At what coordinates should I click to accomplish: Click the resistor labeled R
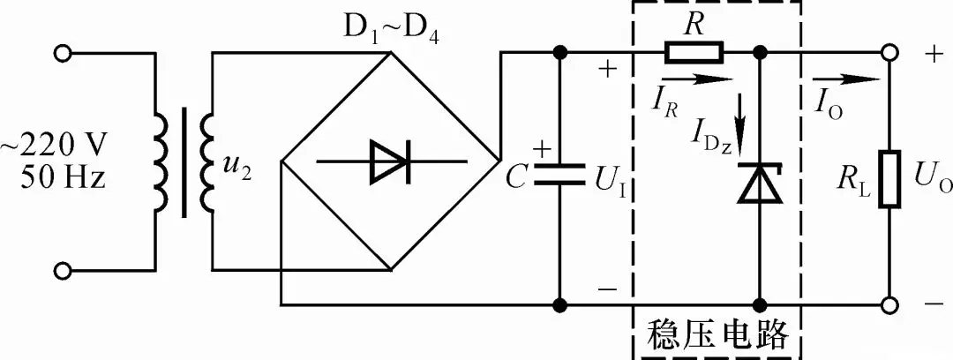694,53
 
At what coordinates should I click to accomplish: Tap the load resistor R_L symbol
889,179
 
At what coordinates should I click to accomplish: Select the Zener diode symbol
759,183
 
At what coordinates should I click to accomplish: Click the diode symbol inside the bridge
392,161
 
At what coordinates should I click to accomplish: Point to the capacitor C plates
559,173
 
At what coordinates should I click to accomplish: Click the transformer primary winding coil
161,161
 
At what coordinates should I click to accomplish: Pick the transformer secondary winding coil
206,161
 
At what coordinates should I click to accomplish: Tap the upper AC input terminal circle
62,54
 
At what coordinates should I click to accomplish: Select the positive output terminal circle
889,54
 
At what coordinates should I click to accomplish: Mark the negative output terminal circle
889,304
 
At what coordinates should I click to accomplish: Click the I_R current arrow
697,79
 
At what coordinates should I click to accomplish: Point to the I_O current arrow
845,79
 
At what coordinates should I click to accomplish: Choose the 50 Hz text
63,177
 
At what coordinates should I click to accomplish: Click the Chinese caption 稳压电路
717,333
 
